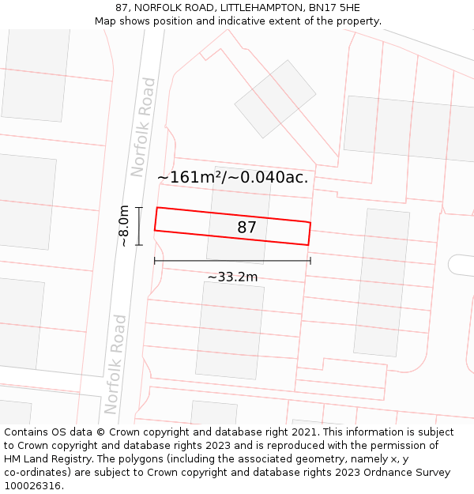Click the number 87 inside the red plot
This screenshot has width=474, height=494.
click(247, 228)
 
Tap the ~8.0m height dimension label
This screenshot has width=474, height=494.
click(124, 226)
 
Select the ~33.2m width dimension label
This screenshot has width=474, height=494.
click(232, 277)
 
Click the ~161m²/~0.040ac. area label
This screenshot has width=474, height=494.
click(232, 177)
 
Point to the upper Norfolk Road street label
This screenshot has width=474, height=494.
click(144, 126)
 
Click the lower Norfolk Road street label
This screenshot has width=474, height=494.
click(115, 364)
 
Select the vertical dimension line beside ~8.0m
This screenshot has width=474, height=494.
click(139, 226)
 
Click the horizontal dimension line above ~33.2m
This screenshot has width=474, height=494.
click(232, 260)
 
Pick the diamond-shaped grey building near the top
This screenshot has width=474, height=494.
click(275, 98)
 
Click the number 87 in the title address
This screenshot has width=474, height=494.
click(122, 8)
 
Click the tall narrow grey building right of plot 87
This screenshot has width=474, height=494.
click(382, 282)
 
